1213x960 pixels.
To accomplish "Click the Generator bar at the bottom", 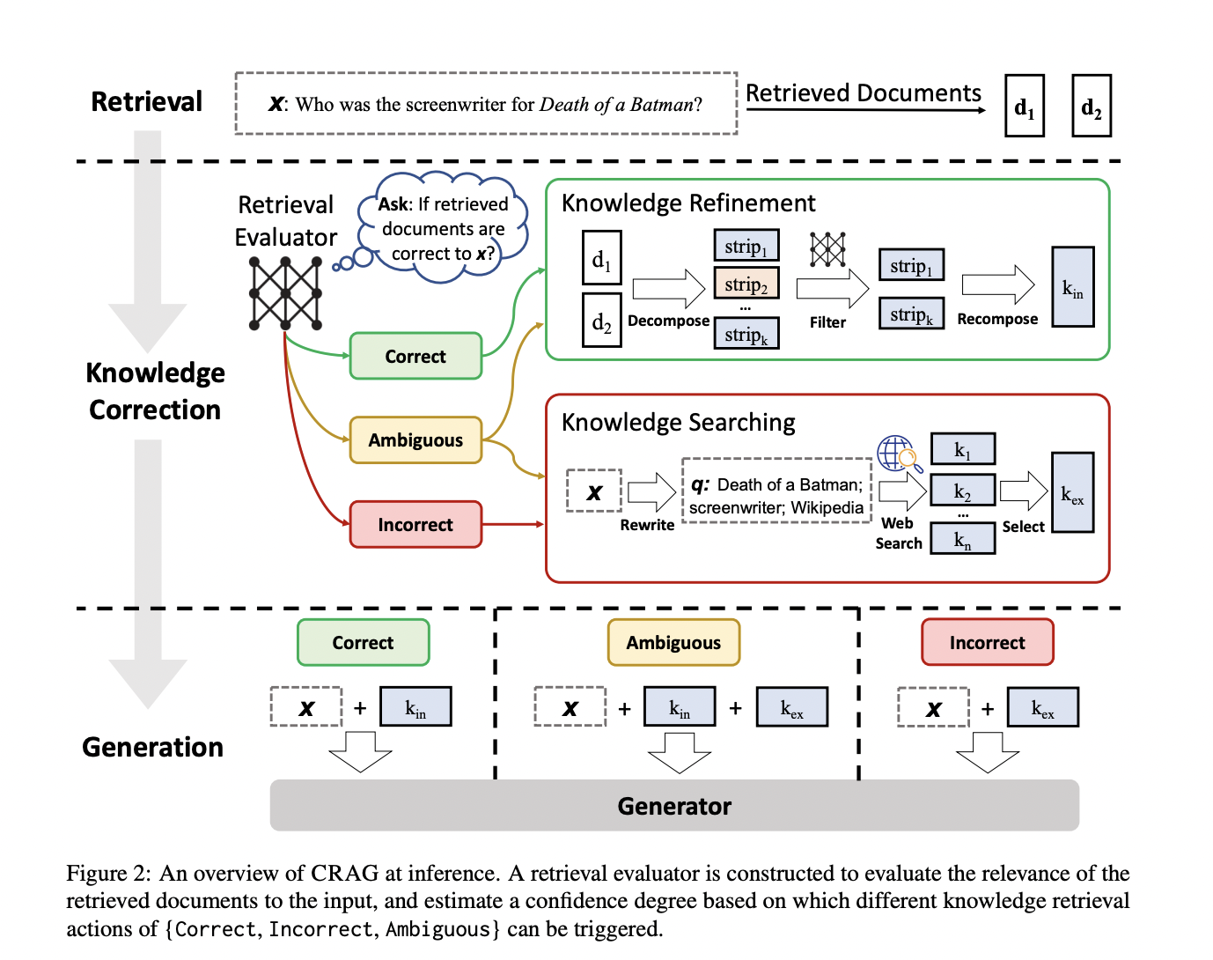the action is point(674,805).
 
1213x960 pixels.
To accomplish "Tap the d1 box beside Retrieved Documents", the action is point(1024,106).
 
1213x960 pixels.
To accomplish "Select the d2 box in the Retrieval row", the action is point(1092,106).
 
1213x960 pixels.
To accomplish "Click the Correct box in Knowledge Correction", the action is point(415,356).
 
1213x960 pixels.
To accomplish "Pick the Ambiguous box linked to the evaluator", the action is point(415,440).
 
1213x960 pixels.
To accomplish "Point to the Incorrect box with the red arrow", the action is point(415,524).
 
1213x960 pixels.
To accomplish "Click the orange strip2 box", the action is point(746,283).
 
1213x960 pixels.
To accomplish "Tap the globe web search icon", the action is point(899,454).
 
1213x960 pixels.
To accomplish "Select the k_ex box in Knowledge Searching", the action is point(1073,492).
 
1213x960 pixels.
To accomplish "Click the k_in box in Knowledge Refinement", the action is point(1073,286).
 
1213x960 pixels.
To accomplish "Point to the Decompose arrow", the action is point(668,288).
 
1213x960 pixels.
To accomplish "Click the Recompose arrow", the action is point(997,284).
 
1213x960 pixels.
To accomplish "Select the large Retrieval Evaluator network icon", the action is point(285,293).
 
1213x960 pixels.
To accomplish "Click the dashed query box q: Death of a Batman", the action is point(776,491).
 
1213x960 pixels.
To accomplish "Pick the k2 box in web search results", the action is point(962,490).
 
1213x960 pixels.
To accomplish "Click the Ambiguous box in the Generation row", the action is point(673,642).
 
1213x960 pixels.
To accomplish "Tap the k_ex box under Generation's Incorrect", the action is point(1043,706).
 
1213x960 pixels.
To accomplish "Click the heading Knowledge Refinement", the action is point(688,203).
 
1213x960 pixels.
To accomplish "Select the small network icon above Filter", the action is point(827,248).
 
